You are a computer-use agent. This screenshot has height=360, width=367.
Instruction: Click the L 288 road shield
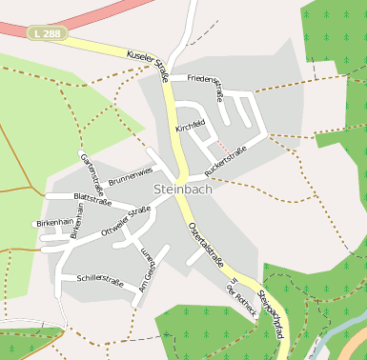click(47, 33)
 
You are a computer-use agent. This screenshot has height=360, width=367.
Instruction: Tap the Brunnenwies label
click(131, 175)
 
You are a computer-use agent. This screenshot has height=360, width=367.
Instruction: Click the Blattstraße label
click(92, 199)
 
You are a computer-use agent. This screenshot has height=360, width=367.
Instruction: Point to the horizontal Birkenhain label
click(54, 222)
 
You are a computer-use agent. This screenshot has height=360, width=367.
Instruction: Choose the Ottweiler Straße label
click(126, 222)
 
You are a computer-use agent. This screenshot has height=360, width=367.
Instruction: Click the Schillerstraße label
click(100, 281)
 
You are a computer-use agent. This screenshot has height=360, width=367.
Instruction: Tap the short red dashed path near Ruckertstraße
click(221, 145)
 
